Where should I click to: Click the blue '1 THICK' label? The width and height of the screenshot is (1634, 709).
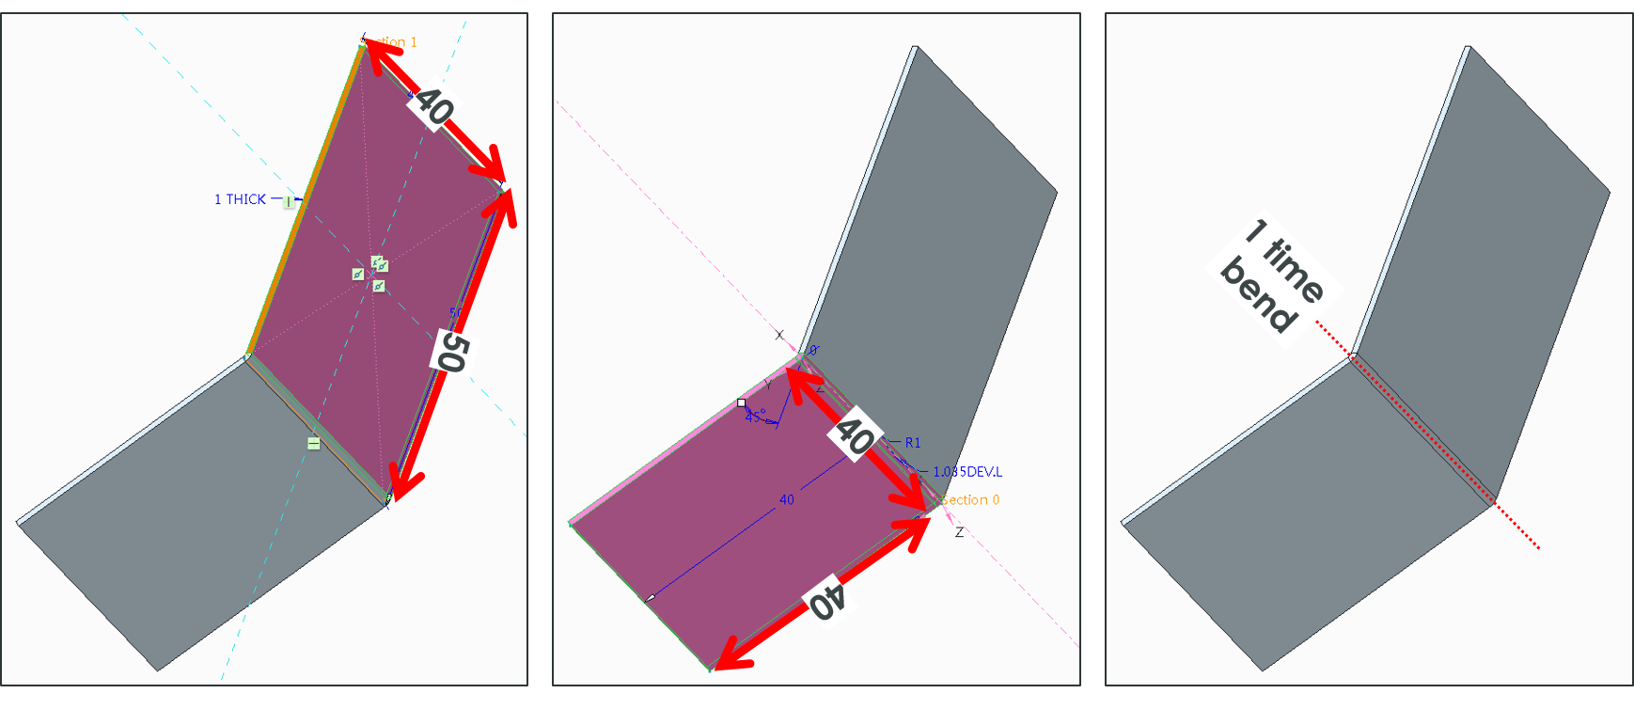[x=240, y=199]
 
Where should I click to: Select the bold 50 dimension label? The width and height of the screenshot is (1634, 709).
[x=452, y=352]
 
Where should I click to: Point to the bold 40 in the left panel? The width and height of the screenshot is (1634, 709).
[x=433, y=106]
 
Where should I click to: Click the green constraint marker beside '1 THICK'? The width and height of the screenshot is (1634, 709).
[x=289, y=201]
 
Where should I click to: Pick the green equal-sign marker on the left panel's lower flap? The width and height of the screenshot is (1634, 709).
[x=314, y=443]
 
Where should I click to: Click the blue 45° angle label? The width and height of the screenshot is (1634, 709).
[x=756, y=416]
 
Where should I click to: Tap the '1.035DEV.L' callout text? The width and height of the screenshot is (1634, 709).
[x=967, y=472]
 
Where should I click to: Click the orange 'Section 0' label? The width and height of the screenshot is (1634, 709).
[x=970, y=499]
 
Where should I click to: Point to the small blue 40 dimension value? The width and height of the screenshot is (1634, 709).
[x=787, y=499]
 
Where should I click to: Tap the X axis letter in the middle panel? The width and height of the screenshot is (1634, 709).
[x=778, y=335]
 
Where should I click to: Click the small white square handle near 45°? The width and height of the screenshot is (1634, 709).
[x=741, y=402]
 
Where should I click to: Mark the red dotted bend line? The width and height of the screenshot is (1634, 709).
[x=1429, y=436]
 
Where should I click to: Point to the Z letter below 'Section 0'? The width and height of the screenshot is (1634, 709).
[x=959, y=532]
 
